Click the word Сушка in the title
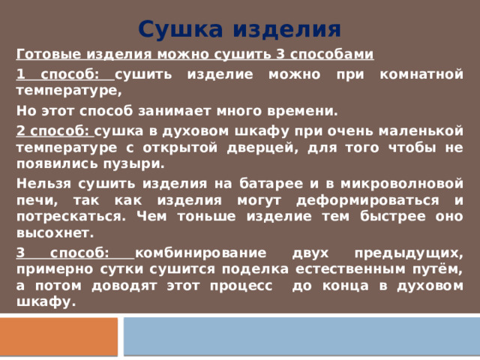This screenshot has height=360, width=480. pos(182,29)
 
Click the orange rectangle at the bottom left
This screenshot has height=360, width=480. pos(59,337)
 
